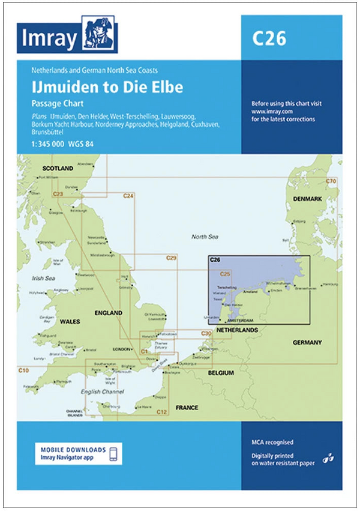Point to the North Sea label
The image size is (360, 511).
205,237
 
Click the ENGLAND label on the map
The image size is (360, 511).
108,313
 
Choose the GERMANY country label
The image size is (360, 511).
307,342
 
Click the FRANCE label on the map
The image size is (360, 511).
187,408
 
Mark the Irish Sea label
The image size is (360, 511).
43,278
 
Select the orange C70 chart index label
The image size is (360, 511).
330,181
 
